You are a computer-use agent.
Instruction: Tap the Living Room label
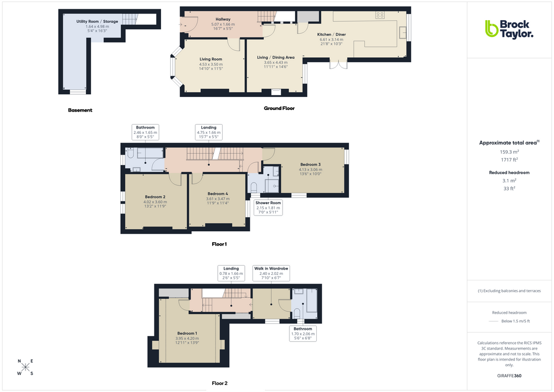click(211, 59)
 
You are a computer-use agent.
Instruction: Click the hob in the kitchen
click(380, 15)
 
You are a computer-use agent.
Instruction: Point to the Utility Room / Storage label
click(97, 21)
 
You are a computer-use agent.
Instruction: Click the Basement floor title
click(80, 111)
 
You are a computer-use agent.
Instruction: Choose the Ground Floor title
click(279, 108)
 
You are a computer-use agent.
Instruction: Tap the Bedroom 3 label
click(310, 164)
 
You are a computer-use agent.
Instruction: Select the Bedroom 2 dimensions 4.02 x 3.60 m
click(155, 202)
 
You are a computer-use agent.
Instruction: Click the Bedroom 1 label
click(187, 333)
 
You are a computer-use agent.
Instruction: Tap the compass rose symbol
click(25, 367)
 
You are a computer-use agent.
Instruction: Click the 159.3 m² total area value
click(509, 152)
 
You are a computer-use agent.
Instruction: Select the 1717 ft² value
click(509, 160)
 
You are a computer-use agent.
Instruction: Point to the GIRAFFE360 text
click(509, 376)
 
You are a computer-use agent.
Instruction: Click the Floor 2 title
click(219, 383)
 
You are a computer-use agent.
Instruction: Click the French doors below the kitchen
click(338, 65)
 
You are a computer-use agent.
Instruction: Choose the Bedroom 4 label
click(218, 194)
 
